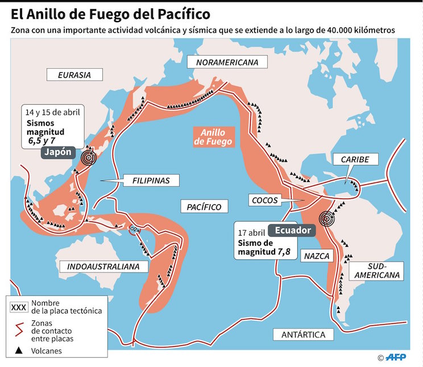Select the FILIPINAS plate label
pyautogui.click(x=151, y=180)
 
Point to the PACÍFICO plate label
pyautogui.click(x=204, y=207)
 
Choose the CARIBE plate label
pyautogui.click(x=355, y=160)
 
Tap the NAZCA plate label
pyautogui.click(x=317, y=256)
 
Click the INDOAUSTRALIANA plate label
pyautogui.click(x=107, y=266)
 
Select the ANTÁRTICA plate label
pyautogui.click(x=303, y=335)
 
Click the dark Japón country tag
pyautogui.click(x=59, y=154)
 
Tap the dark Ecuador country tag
pyautogui.click(x=293, y=230)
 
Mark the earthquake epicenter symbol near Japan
pyautogui.click(x=88, y=158)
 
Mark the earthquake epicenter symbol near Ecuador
pyautogui.click(x=326, y=217)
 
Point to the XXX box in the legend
pyautogui.click(x=19, y=307)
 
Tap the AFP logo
pyautogui.click(x=398, y=357)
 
